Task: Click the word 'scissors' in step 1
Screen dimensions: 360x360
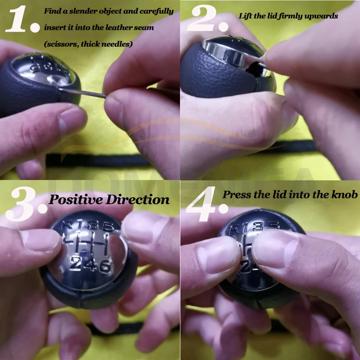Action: point(60,44)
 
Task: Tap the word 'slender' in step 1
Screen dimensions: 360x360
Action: point(86,11)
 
